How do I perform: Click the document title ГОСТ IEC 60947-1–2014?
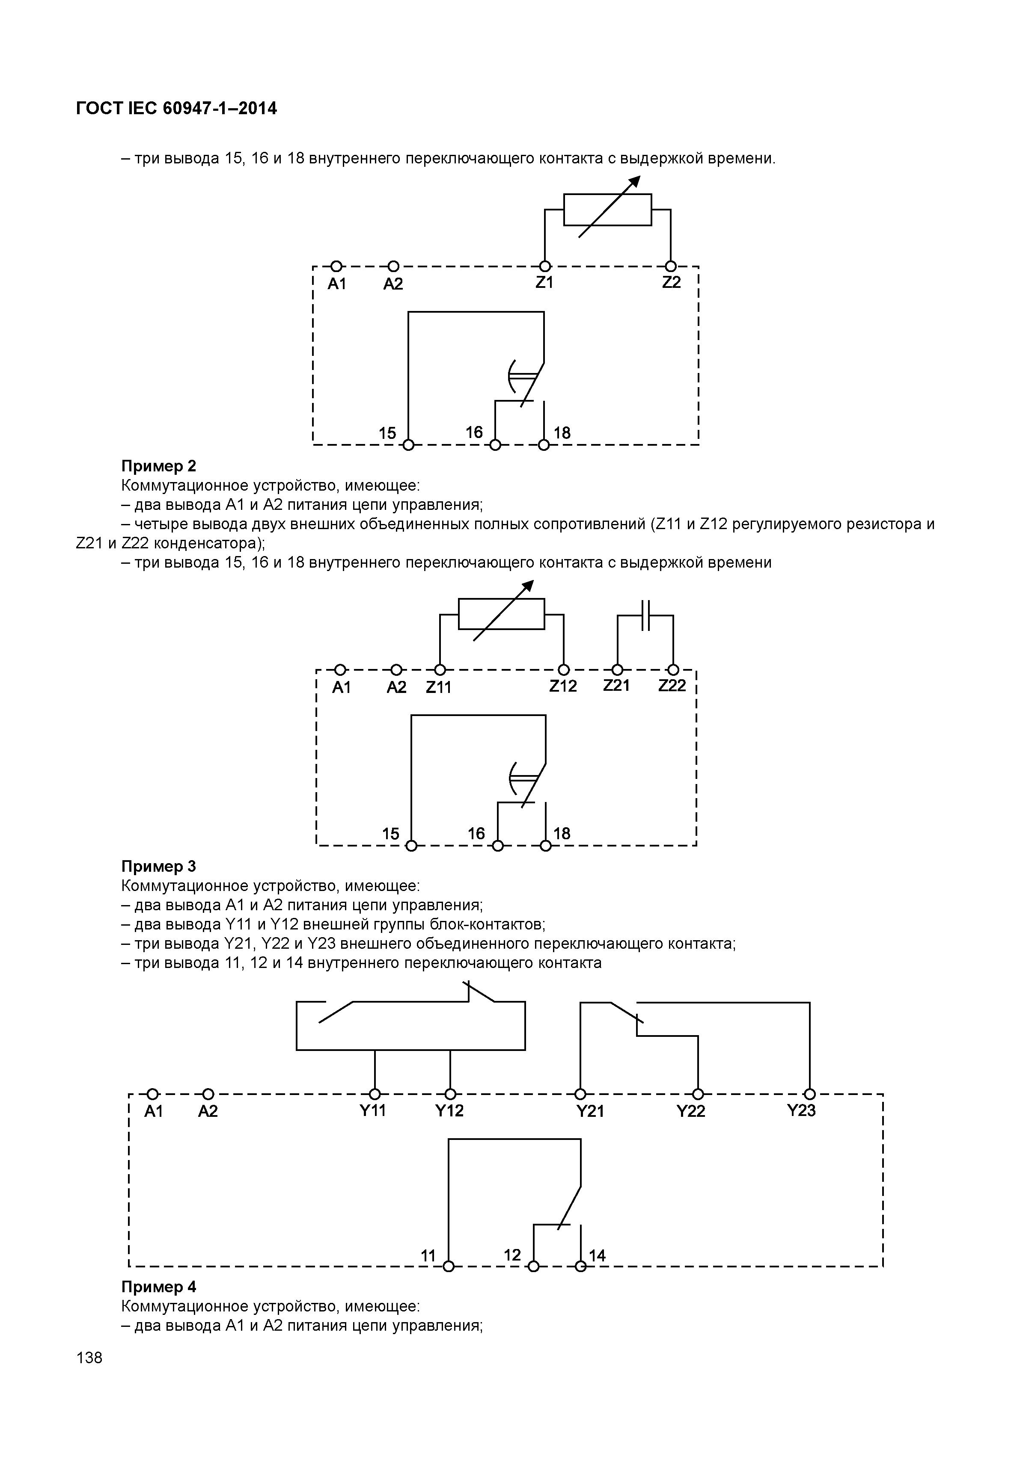(x=176, y=109)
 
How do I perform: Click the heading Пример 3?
(x=158, y=866)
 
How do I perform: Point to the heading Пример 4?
(x=158, y=1287)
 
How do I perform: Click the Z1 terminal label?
(x=544, y=282)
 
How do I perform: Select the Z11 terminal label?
(x=438, y=687)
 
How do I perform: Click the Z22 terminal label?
(x=672, y=686)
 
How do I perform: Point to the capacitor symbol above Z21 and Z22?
(x=645, y=616)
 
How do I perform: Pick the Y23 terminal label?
(x=801, y=1110)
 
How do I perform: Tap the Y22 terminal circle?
(x=698, y=1094)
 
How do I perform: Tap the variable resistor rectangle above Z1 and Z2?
(x=607, y=210)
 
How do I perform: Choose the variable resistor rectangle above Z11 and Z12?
(x=501, y=614)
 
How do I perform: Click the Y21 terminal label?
(x=590, y=1111)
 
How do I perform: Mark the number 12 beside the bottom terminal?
(x=512, y=1255)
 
